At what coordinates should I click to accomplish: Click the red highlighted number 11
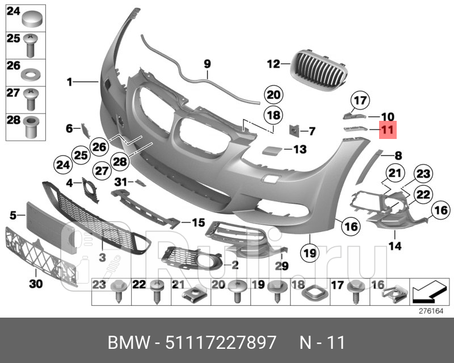click(388, 130)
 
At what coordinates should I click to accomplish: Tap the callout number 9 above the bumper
click(207, 64)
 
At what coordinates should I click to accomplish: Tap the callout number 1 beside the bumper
click(69, 82)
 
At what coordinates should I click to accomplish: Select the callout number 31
click(120, 181)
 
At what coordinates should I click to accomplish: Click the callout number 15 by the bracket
click(197, 222)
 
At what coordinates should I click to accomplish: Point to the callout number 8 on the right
click(398, 154)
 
